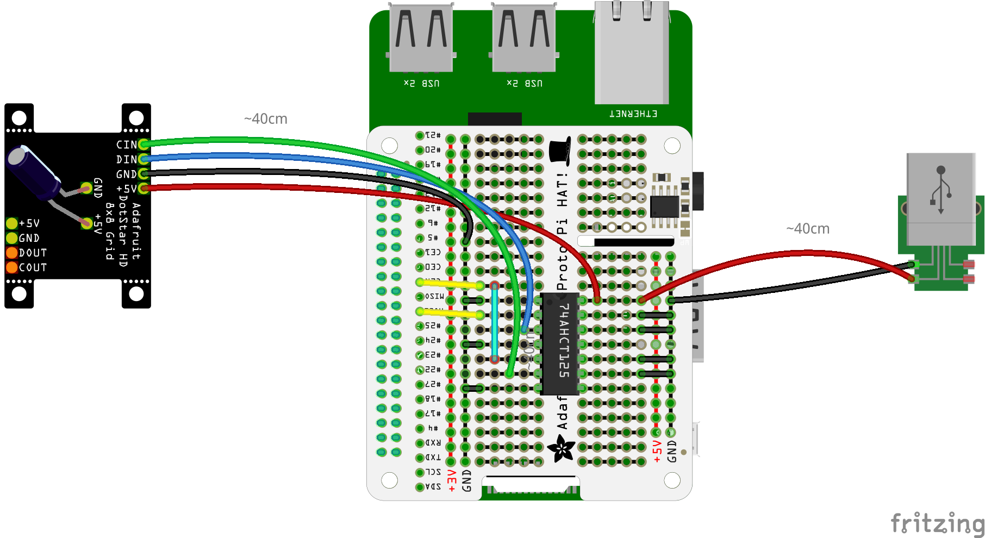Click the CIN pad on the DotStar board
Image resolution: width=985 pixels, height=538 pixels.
[x=144, y=145]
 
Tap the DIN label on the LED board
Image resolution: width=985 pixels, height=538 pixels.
[x=126, y=159]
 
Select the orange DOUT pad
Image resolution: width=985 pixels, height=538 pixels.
[x=12, y=253]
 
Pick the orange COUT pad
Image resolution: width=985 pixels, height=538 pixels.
[x=12, y=267]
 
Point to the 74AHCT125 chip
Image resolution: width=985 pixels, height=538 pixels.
[x=560, y=343]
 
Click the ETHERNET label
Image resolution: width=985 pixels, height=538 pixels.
[x=633, y=114]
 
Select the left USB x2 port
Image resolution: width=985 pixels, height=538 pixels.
[x=421, y=38]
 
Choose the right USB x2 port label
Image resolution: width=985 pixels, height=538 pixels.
[x=525, y=83]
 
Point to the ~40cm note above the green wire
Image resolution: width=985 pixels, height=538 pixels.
[x=266, y=119]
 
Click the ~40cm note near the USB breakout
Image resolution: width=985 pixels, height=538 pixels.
[x=808, y=229]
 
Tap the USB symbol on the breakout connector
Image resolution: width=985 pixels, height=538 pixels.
[x=941, y=190]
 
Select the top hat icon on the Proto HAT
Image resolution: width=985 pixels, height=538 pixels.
[x=560, y=150]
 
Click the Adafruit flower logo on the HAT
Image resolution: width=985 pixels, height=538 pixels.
[x=561, y=448]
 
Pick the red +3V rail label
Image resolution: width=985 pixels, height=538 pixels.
[x=452, y=481]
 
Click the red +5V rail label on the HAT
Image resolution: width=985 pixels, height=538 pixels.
[x=657, y=452]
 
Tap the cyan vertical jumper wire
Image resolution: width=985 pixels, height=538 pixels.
[x=495, y=322]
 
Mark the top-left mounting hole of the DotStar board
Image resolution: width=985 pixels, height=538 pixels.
[x=19, y=118]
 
